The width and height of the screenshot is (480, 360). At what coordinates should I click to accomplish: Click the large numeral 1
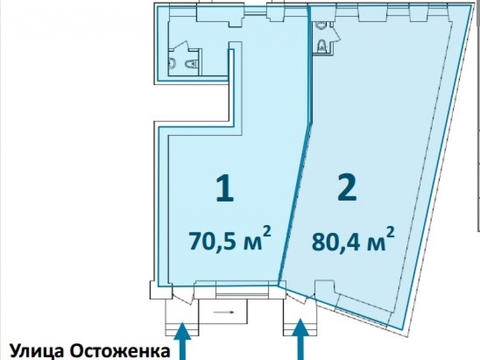point(225,189)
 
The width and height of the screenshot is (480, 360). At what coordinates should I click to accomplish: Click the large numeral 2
point(347,188)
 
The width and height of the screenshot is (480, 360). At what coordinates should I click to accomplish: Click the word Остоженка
point(120,352)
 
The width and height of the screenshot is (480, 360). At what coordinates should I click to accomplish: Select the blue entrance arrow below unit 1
point(182,341)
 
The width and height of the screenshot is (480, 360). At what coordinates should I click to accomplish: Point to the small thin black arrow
point(224,312)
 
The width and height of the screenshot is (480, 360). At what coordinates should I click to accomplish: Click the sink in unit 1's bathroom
point(172,63)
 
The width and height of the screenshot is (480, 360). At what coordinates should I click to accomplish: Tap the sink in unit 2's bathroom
point(321,26)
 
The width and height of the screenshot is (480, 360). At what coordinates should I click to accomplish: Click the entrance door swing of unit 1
point(182,294)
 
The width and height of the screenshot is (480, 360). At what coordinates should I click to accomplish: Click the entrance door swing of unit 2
point(299,295)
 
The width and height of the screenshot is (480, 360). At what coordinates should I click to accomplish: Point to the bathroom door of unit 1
point(179,45)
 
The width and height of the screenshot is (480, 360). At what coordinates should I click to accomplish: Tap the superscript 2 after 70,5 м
point(266,232)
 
